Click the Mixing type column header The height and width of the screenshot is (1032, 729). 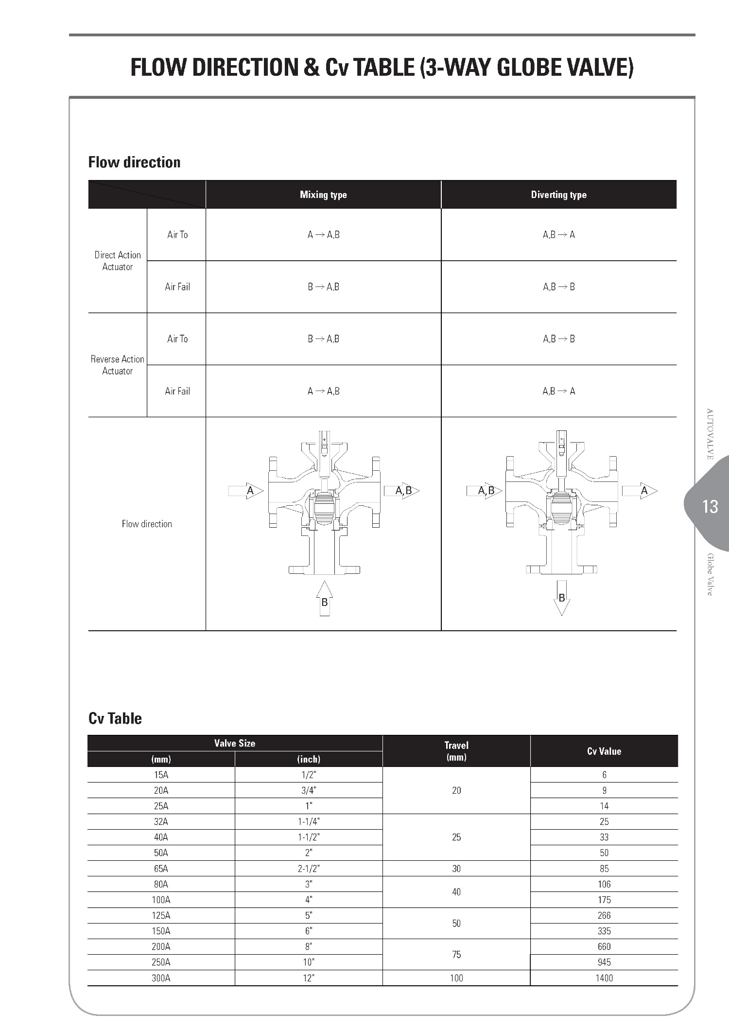coord(323,195)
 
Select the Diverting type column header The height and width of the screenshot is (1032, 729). coord(558,195)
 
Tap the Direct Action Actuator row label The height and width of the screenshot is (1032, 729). coord(118,261)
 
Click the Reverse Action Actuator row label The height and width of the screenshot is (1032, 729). coord(118,365)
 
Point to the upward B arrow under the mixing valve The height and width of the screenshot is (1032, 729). coord(325,599)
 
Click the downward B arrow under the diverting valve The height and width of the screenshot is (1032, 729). coord(562,598)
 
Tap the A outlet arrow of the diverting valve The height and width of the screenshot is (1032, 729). coord(640,491)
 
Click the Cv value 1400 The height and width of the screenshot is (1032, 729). coord(604,978)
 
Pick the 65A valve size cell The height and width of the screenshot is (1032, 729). coord(161,869)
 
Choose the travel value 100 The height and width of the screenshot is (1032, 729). coord(456,978)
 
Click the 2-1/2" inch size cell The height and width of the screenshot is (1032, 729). coord(309,869)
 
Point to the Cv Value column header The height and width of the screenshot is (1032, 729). coord(604,751)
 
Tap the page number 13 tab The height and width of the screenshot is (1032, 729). coord(710,507)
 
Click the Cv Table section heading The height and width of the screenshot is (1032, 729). coord(115,718)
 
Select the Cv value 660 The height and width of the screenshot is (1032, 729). coord(604,946)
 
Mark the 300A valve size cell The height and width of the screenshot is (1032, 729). coord(161,978)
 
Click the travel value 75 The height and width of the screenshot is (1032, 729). coord(456,954)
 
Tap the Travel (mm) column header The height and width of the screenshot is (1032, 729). coord(456,751)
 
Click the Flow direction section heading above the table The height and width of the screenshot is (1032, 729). coord(134,162)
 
